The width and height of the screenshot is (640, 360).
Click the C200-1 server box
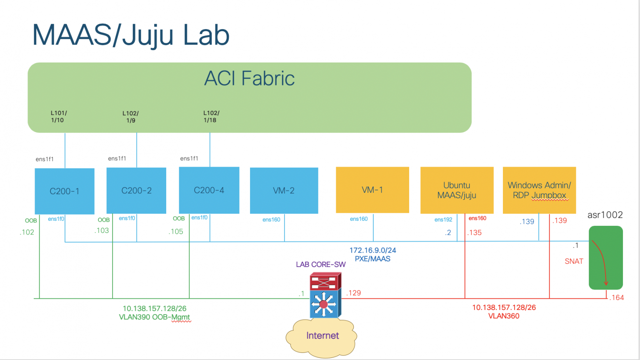(x=65, y=191)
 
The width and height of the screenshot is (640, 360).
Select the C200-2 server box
(x=136, y=190)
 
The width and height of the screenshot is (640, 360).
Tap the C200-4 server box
(x=209, y=190)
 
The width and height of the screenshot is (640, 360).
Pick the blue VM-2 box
(x=284, y=190)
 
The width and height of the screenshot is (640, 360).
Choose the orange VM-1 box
(x=372, y=190)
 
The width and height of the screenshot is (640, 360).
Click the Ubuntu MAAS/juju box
(x=457, y=190)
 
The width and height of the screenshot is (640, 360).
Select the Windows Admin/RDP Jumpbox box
(x=539, y=190)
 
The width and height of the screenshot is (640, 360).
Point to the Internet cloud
(x=322, y=337)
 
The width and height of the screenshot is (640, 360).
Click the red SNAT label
(x=574, y=261)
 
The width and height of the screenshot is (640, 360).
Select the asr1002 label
(x=605, y=215)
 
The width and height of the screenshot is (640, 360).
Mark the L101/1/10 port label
(x=58, y=117)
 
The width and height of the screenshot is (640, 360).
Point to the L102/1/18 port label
(x=211, y=117)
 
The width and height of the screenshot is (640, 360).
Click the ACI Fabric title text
(x=249, y=78)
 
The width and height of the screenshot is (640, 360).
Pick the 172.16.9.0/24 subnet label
(x=372, y=250)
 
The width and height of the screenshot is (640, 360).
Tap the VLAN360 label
(x=504, y=316)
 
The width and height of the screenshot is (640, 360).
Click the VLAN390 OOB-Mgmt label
(x=155, y=317)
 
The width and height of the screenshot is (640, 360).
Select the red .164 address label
(x=617, y=297)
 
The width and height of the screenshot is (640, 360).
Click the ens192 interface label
(x=443, y=220)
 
